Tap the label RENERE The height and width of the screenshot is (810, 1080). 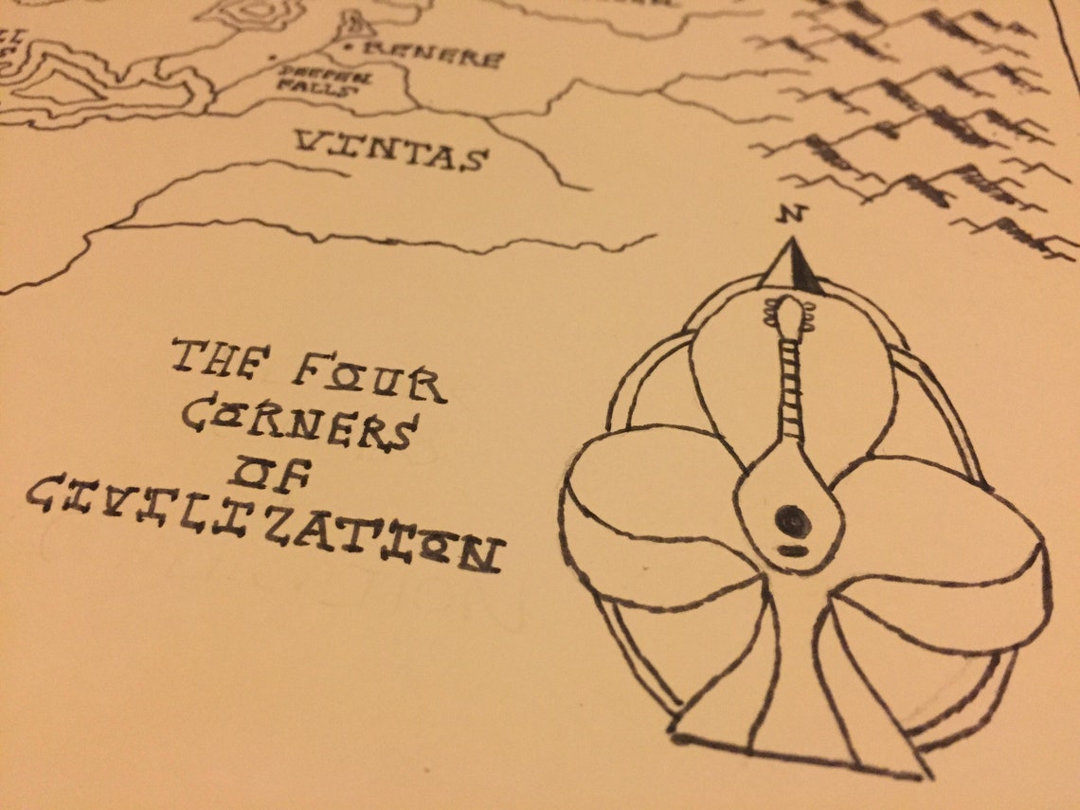pos(432,54)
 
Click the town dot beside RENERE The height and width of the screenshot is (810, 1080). pos(348,46)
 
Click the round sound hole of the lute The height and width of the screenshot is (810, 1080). pos(792,518)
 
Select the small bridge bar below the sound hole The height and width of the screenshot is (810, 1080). pos(793,549)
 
